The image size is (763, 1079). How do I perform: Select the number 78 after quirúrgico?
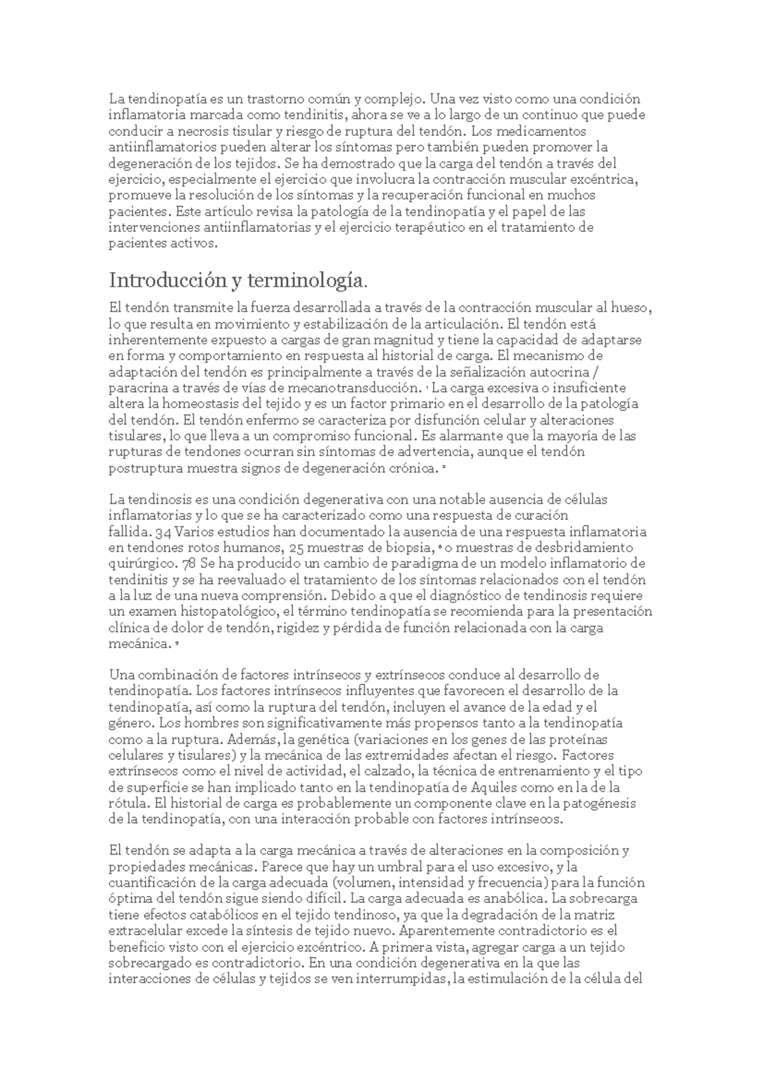click(188, 564)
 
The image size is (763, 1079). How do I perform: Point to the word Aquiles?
click(497, 787)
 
